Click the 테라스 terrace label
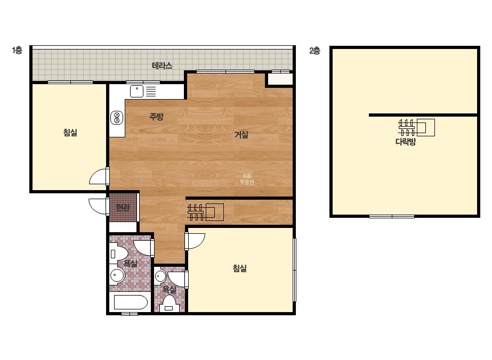pyautogui.click(x=162, y=66)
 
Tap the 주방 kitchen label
pyautogui.click(x=156, y=117)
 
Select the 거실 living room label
pyautogui.click(x=241, y=135)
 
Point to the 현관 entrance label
pyautogui.click(x=123, y=208)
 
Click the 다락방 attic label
pyautogui.click(x=406, y=142)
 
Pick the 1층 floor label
pyautogui.click(x=17, y=50)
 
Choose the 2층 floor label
pyautogui.click(x=314, y=51)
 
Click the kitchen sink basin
pyautogui.click(x=137, y=91)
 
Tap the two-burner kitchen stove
pyautogui.click(x=117, y=118)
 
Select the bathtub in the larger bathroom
pyautogui.click(x=131, y=302)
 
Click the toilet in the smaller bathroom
pyautogui.click(x=169, y=304)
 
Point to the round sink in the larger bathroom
pyautogui.click(x=117, y=276)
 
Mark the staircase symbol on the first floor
pyautogui.click(x=205, y=212)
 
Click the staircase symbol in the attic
pyautogui.click(x=416, y=128)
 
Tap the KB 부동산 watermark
pyautogui.click(x=247, y=179)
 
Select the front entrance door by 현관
pyautogui.click(x=99, y=206)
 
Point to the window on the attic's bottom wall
pyautogui.click(x=392, y=216)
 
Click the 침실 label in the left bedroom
pyautogui.click(x=70, y=133)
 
